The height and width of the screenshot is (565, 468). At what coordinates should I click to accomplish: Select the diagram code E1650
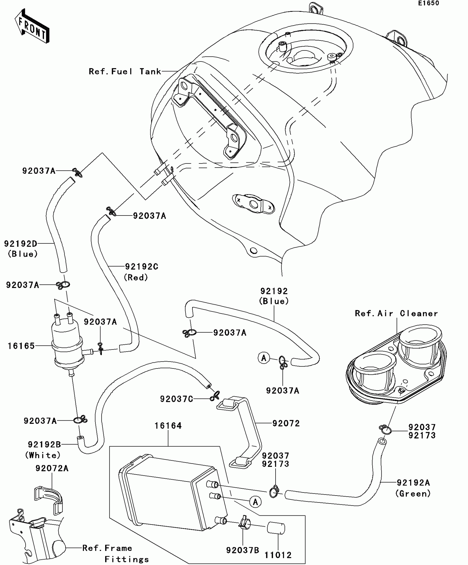coord(428,3)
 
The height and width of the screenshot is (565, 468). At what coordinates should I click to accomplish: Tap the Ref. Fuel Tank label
coord(125,72)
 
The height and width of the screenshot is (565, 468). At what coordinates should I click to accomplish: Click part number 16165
coord(21,346)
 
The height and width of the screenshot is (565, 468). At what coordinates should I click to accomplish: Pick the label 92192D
coord(20,244)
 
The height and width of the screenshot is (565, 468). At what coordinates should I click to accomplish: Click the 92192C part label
coord(142,267)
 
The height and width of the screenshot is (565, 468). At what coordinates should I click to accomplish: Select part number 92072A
coord(52,468)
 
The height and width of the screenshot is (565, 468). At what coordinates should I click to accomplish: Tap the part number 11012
coord(278,555)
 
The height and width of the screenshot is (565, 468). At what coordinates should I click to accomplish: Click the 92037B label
coord(243,550)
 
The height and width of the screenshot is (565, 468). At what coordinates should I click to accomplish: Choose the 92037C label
coord(176,399)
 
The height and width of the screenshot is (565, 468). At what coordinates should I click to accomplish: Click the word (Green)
coord(413,493)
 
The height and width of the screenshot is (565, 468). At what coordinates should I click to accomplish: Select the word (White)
coord(43,455)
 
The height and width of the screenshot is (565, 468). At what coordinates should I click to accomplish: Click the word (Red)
coord(136,277)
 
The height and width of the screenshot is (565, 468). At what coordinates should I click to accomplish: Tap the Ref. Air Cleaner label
coord(396,313)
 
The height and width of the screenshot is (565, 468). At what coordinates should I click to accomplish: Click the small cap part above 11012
coord(276,528)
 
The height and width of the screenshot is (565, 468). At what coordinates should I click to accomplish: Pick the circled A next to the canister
coord(255,502)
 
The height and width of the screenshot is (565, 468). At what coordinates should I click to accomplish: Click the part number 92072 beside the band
coord(286,423)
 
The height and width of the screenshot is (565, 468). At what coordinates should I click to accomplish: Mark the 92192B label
coord(44,444)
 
